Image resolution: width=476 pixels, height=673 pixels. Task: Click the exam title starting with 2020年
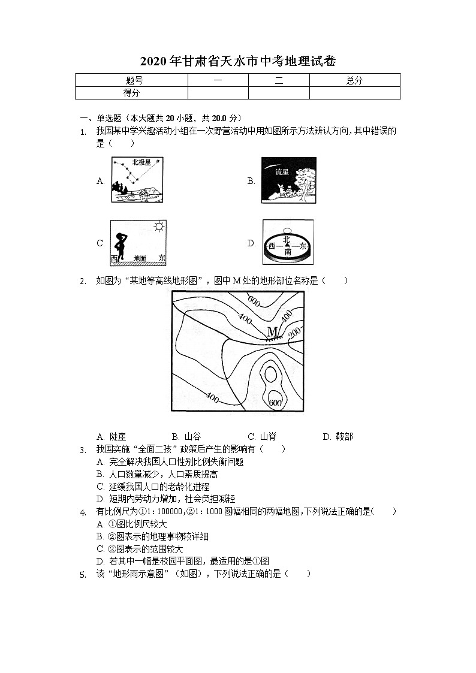(x=238, y=61)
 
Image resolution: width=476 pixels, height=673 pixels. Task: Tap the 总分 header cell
(x=354, y=80)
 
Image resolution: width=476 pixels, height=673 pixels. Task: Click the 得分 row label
(x=131, y=93)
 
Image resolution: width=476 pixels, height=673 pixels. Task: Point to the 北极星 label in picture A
(x=141, y=162)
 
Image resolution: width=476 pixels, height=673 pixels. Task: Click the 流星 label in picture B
(x=282, y=172)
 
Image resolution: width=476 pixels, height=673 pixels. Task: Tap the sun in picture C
(x=158, y=227)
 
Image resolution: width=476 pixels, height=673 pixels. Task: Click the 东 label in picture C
(x=161, y=258)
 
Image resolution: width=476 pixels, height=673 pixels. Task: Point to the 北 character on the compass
(x=287, y=239)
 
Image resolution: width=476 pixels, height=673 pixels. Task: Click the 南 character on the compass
(x=288, y=252)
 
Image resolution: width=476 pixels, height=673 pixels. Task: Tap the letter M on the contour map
(x=272, y=331)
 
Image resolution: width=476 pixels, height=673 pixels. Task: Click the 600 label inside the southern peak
(x=275, y=403)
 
